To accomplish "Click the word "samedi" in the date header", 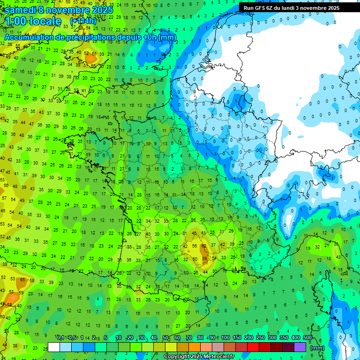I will [23, 10].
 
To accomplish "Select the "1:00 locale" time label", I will [33, 21].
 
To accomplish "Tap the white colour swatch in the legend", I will [54, 347].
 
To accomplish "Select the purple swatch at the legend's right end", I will [300, 347].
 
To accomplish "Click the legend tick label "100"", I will [225, 337].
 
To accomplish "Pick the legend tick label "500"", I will [307, 337].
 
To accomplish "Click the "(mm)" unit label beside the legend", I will [317, 348].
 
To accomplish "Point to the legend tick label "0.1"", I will [60, 337].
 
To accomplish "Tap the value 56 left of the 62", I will [195, 246].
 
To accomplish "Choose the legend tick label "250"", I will [261, 337].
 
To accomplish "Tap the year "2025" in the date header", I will [101, 10].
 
